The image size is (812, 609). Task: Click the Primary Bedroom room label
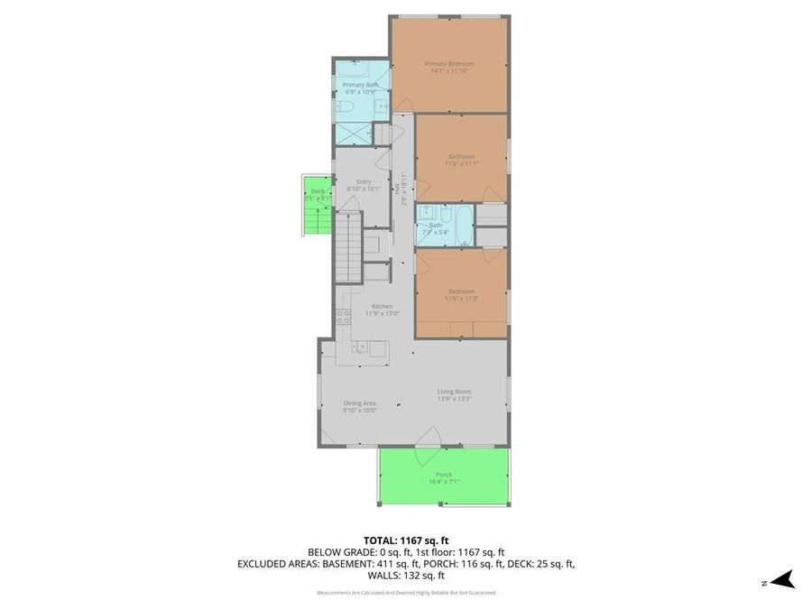448,63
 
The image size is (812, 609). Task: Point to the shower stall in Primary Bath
352,134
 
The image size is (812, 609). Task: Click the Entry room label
364,181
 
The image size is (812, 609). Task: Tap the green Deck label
318,191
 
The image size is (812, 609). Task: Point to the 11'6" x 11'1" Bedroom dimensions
461,163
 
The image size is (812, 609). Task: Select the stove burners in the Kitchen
344,316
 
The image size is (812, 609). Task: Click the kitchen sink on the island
360,346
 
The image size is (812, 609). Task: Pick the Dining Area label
359,403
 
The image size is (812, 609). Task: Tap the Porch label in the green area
444,475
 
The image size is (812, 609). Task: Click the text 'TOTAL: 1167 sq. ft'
406,539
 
